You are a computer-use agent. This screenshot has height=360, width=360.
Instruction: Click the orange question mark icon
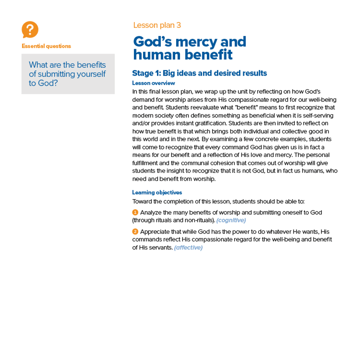click(x=30, y=30)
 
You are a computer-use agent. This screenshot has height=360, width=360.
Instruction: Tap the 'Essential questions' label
click(x=46, y=46)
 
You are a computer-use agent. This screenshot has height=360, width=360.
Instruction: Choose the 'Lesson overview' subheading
click(x=153, y=83)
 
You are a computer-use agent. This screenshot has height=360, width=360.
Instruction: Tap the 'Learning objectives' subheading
click(x=157, y=192)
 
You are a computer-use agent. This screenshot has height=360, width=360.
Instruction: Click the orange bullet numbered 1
click(x=135, y=212)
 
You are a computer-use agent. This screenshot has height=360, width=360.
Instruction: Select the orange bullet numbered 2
click(x=135, y=231)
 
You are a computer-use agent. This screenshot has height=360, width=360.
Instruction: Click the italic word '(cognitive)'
click(x=231, y=220)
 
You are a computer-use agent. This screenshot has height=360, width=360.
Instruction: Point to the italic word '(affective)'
click(x=188, y=248)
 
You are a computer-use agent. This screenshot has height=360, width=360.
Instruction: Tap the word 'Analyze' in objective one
click(x=151, y=212)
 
